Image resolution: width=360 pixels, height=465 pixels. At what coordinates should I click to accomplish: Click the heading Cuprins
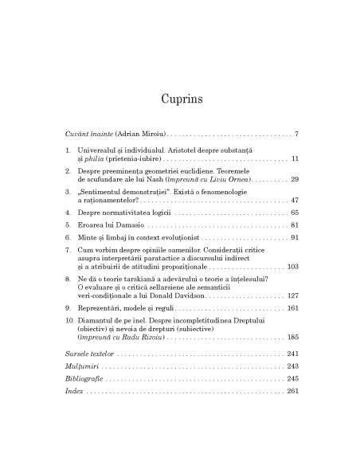coord(180,99)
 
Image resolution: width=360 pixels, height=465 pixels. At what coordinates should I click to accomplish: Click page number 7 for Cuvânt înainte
coord(295,132)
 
